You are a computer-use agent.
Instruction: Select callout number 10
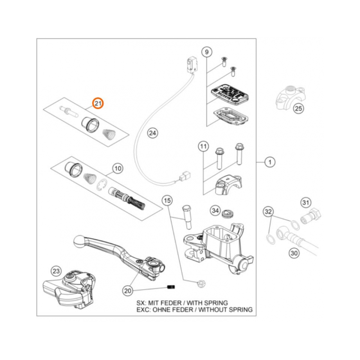click(118, 168)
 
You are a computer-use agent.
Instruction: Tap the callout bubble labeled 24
click(153, 133)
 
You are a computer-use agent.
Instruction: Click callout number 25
click(298, 108)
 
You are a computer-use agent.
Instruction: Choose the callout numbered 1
click(270, 162)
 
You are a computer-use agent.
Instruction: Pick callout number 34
click(215, 210)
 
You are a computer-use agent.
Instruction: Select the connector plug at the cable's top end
click(191, 64)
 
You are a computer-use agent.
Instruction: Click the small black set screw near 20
click(171, 287)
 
